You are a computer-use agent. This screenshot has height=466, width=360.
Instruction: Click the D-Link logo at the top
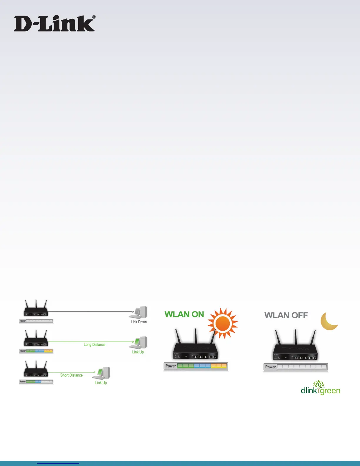pyautogui.click(x=54, y=24)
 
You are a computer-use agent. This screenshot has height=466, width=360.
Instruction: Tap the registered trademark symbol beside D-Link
pyautogui.click(x=94, y=17)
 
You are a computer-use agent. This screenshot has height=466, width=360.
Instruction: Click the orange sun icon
pyautogui.click(x=223, y=323)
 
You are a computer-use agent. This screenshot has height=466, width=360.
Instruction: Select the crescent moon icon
pyautogui.click(x=329, y=321)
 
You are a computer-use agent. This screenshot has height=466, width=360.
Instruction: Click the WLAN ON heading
pyautogui.click(x=184, y=314)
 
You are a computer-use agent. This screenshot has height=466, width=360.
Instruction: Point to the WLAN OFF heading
pyautogui.click(x=286, y=315)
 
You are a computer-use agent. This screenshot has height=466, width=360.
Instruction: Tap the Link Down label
pyautogui.click(x=139, y=322)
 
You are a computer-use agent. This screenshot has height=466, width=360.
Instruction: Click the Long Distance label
pyautogui.click(x=94, y=344)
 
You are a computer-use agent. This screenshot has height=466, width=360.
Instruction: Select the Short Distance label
pyautogui.click(x=71, y=375)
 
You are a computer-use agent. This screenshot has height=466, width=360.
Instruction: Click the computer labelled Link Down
pyautogui.click(x=139, y=312)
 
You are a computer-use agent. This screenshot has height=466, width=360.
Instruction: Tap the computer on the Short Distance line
pyautogui.click(x=102, y=373)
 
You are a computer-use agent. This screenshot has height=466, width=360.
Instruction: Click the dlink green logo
pyautogui.click(x=320, y=388)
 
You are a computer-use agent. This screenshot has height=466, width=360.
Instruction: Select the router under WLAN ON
pyautogui.click(x=195, y=347)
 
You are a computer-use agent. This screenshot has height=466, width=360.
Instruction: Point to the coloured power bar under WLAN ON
pyautogui.click(x=196, y=366)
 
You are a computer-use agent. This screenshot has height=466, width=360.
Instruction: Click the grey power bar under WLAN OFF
pyautogui.click(x=296, y=367)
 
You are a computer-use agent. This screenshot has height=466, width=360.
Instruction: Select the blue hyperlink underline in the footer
pyautogui.click(x=58, y=463)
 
